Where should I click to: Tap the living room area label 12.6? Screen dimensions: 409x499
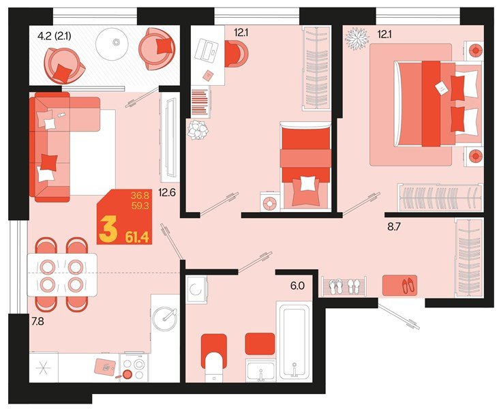point(168,193)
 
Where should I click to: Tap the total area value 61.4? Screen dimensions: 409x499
point(138,237)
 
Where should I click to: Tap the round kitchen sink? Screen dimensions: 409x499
point(165,316)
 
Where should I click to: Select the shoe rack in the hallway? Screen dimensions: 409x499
point(344,286)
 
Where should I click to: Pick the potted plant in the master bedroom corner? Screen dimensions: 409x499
point(356,39)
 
